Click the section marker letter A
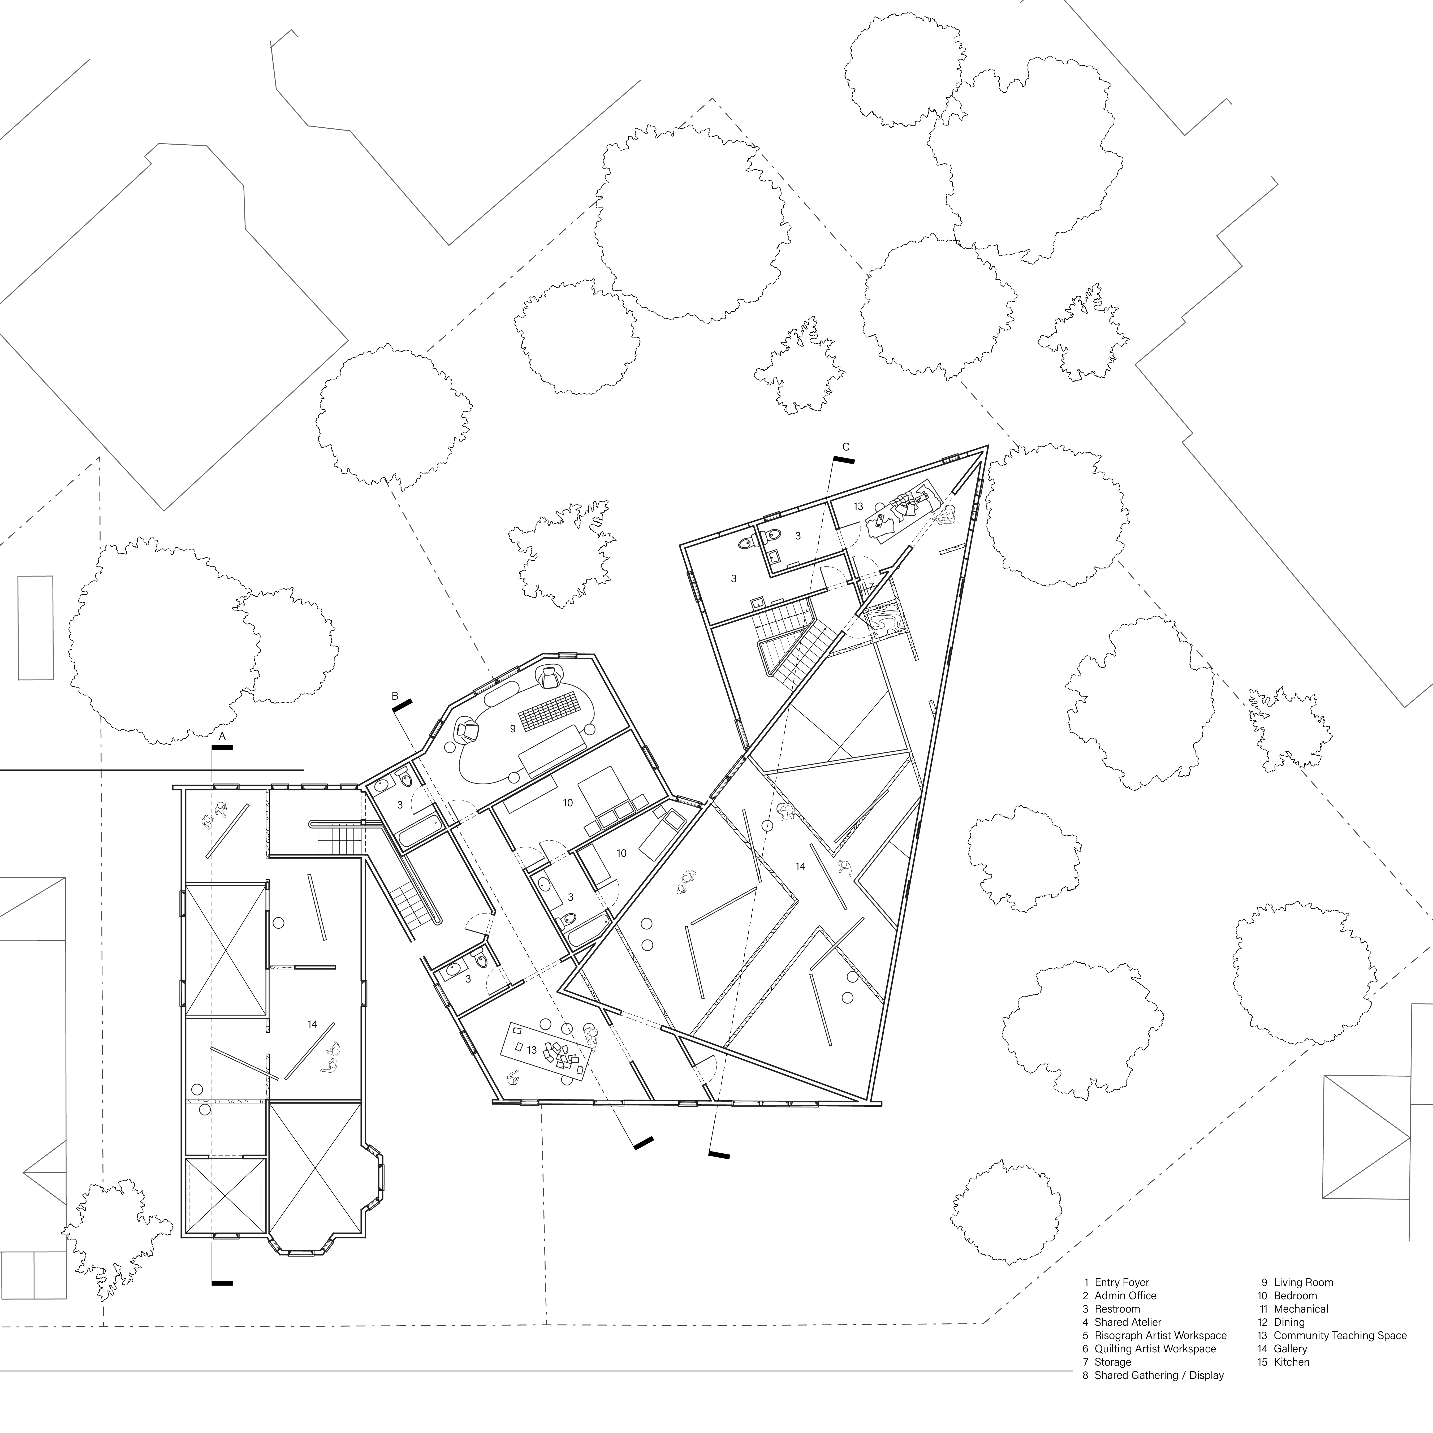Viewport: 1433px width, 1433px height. tap(222, 736)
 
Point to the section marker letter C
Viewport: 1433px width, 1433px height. tap(845, 447)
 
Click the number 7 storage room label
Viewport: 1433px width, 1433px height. tap(871, 586)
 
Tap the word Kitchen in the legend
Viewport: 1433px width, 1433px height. tap(1291, 1362)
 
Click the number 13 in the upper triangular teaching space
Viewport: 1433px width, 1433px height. tap(858, 506)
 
